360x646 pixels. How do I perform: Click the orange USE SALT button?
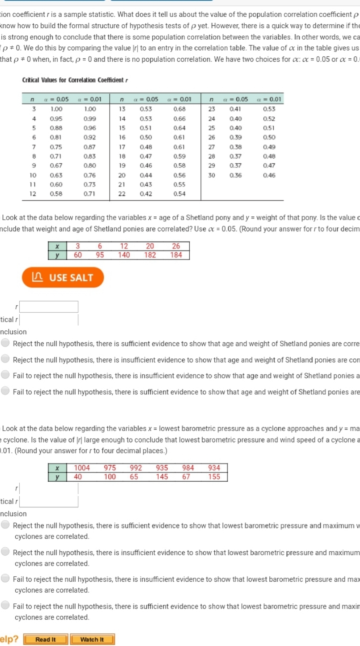pyautogui.click(x=63, y=277)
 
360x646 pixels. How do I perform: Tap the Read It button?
pyautogui.click(x=46, y=639)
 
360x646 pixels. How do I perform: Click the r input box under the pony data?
pyautogui.click(x=49, y=307)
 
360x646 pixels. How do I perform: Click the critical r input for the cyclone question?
pyautogui.click(x=49, y=501)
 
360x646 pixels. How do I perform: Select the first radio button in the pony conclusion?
pyautogui.click(x=5, y=343)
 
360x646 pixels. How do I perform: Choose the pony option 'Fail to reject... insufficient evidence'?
pyautogui.click(x=5, y=375)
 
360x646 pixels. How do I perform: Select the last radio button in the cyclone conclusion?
pyautogui.click(x=5, y=605)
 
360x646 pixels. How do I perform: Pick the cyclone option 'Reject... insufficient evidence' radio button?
pyautogui.click(x=5, y=552)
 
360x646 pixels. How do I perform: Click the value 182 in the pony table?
pyautogui.click(x=150, y=255)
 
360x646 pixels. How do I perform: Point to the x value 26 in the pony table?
pyautogui.click(x=176, y=246)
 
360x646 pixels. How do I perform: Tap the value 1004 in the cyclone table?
pyautogui.click(x=82, y=468)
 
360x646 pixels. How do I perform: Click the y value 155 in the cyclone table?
pyautogui.click(x=214, y=477)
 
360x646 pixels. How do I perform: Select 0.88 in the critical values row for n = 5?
pyautogui.click(x=56, y=128)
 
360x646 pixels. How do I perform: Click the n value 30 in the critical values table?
pyautogui.click(x=212, y=175)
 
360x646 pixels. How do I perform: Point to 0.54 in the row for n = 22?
pyautogui.click(x=179, y=194)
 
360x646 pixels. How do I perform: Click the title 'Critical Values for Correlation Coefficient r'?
pyautogui.click(x=75, y=80)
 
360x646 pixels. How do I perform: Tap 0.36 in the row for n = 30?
pyautogui.click(x=235, y=175)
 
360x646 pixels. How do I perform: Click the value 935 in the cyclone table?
pyautogui.click(x=162, y=468)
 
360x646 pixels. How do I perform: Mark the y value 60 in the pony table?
pyautogui.click(x=78, y=255)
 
